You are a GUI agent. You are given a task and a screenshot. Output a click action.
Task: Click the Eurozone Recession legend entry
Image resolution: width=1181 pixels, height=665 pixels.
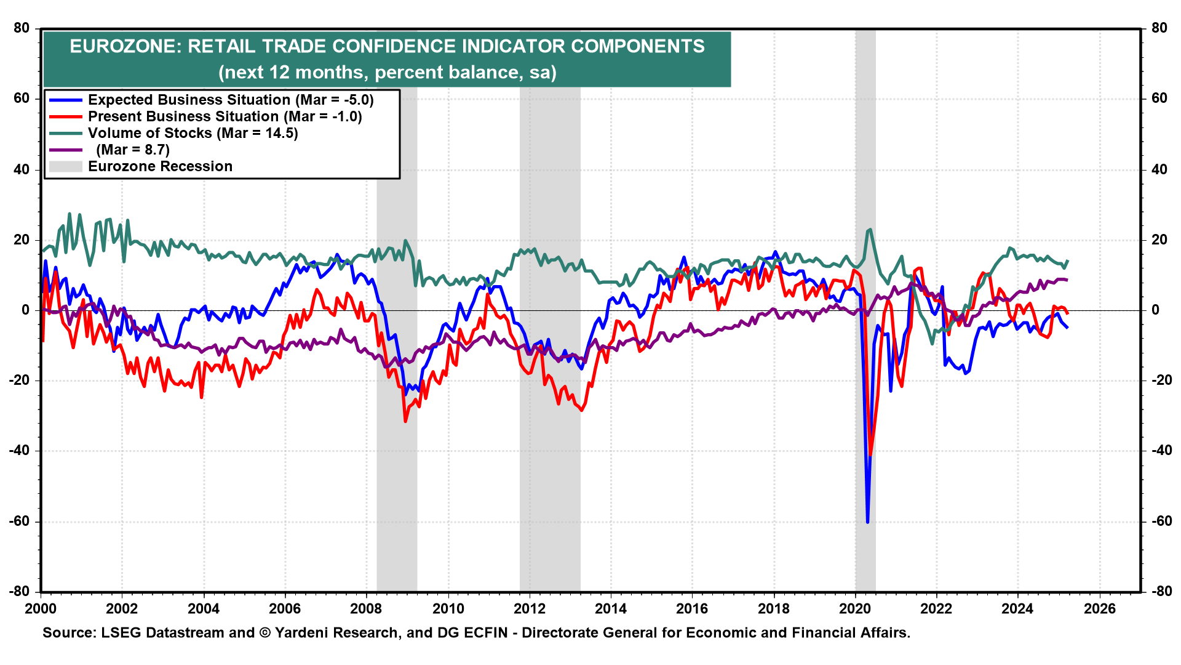point(160,166)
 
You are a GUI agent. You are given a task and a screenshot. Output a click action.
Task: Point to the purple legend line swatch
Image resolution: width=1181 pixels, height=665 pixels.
point(65,150)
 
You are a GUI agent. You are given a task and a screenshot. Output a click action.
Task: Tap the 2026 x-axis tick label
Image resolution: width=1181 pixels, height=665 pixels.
point(1099,609)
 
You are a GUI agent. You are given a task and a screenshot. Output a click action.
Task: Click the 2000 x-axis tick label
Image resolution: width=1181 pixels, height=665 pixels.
point(41,609)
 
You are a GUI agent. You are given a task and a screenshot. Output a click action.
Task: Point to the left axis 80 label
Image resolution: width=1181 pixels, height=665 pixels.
point(22,28)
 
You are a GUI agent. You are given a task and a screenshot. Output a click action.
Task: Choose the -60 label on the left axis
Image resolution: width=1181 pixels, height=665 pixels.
point(19,522)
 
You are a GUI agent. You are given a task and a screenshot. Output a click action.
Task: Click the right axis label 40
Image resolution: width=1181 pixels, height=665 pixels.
point(1159,169)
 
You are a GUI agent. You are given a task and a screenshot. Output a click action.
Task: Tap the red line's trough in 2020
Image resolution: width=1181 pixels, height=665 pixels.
point(871,456)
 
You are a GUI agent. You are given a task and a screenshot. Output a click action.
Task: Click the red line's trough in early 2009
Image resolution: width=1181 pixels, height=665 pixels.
point(405,421)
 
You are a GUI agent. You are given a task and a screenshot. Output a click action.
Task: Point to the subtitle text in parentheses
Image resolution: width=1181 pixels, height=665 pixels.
point(387,73)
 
